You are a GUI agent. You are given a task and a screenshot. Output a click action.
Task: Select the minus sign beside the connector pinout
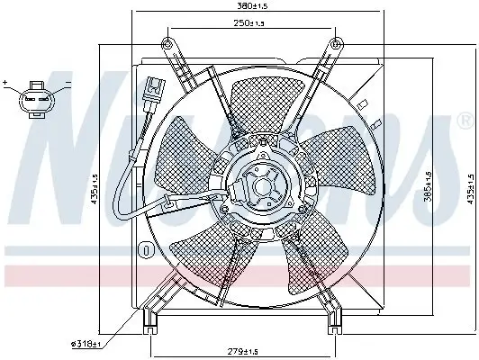69,83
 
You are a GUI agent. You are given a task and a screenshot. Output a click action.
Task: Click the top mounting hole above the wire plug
166,42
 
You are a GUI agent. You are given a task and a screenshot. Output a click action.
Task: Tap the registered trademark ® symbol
463,119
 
